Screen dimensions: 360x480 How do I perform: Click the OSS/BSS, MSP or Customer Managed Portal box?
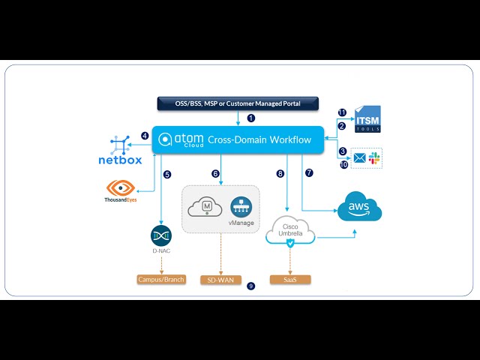tap(238, 103)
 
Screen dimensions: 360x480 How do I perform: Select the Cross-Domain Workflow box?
tap(238, 139)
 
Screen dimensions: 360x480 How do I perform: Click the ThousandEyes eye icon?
tap(121, 188)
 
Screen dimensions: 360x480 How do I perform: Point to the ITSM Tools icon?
tap(367, 120)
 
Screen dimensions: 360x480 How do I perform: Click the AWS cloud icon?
tap(359, 207)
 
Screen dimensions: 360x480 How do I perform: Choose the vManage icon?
tap(240, 208)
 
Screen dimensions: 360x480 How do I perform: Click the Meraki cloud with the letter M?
tap(205, 208)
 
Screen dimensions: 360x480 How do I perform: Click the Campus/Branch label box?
tap(161, 280)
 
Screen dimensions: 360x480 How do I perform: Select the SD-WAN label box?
tap(220, 280)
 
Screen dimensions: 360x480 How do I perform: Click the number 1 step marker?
tap(251, 118)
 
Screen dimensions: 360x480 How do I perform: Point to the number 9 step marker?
tap(250, 286)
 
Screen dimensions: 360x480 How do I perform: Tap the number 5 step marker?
tap(167, 174)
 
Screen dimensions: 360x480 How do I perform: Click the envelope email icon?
tap(359, 158)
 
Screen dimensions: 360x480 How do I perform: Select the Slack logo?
tap(374, 158)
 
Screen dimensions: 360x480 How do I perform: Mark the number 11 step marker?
tap(342, 112)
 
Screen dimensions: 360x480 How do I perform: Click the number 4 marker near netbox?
tap(145, 136)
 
